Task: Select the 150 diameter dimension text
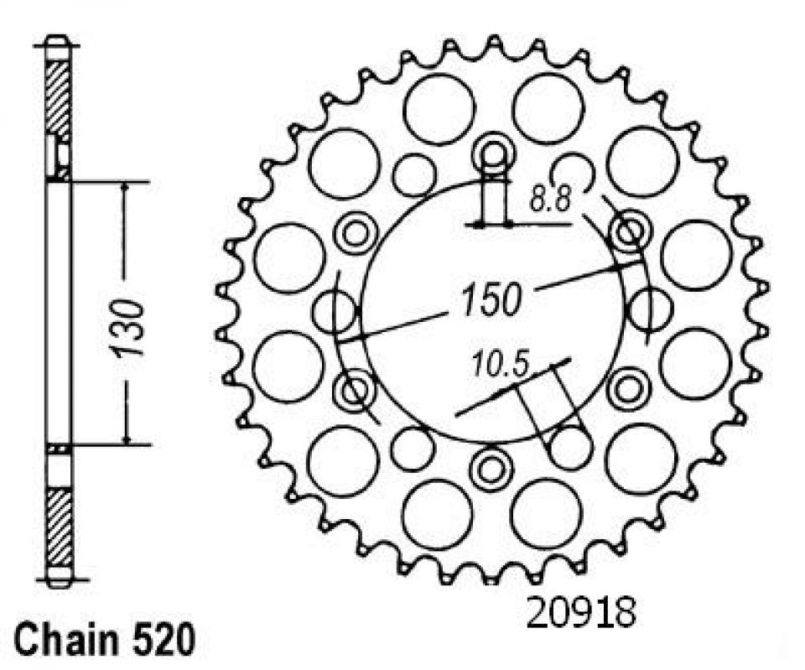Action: (x=490, y=299)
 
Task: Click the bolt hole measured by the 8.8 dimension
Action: (x=493, y=153)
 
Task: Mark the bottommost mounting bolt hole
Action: (x=489, y=469)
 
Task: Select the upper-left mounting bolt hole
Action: (x=356, y=231)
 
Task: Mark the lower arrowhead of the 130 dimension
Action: (x=126, y=437)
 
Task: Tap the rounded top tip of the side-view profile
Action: (x=56, y=39)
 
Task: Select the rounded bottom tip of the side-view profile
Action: (x=57, y=581)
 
